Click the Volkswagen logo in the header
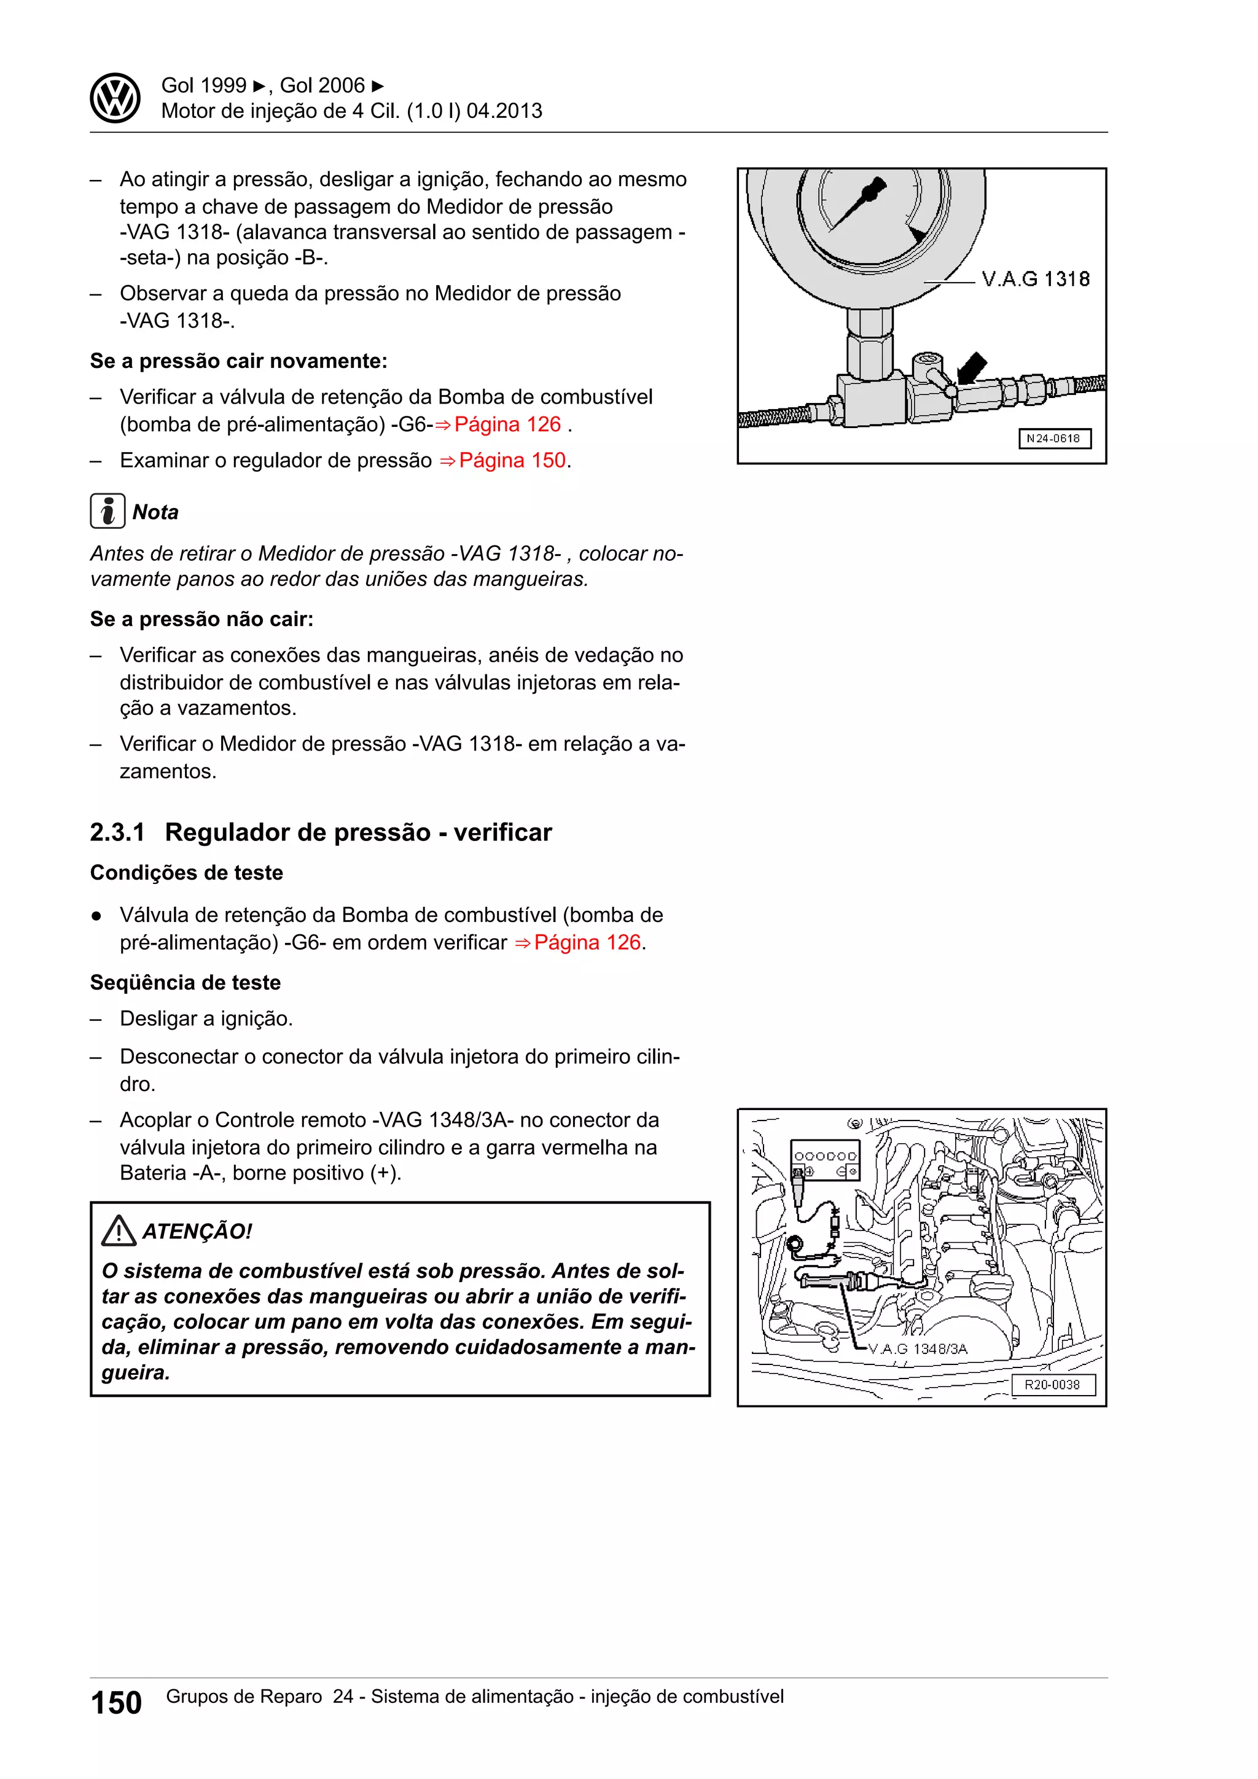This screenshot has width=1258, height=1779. tap(115, 98)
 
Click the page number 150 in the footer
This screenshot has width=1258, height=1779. tap(116, 1703)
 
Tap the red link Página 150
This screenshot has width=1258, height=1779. tap(512, 460)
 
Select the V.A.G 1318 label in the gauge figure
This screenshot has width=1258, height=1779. tap(1035, 279)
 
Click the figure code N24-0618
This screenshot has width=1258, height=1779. tap(1053, 439)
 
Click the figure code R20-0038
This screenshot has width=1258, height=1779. tap(1052, 1385)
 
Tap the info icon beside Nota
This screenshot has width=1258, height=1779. tap(107, 511)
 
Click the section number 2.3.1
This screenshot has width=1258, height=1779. tap(117, 832)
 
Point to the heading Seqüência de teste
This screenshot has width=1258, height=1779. tap(185, 982)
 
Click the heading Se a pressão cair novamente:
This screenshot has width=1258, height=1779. tap(238, 361)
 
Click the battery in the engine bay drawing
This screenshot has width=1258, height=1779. tap(825, 1160)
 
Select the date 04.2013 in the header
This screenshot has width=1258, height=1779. tap(504, 111)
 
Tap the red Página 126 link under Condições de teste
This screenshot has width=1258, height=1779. tap(587, 942)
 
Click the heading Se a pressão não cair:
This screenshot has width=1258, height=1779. tap(201, 619)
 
